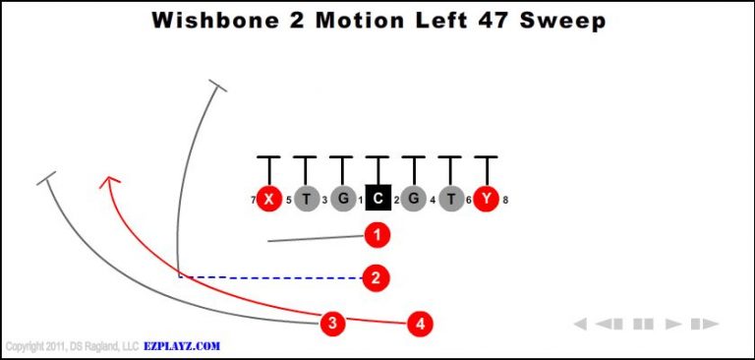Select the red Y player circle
(x=486, y=199)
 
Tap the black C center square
(x=377, y=199)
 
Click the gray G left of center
(x=342, y=199)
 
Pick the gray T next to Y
(x=450, y=199)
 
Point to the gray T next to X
(x=306, y=199)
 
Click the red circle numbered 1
(x=377, y=235)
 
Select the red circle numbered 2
(x=376, y=277)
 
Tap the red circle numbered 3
(x=334, y=322)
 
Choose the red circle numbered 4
(x=420, y=322)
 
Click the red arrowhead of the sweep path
(x=109, y=180)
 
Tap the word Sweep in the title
(x=563, y=20)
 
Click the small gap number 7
(x=253, y=201)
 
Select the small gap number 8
(x=505, y=201)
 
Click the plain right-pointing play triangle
(x=673, y=323)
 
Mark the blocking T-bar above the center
(x=377, y=157)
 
